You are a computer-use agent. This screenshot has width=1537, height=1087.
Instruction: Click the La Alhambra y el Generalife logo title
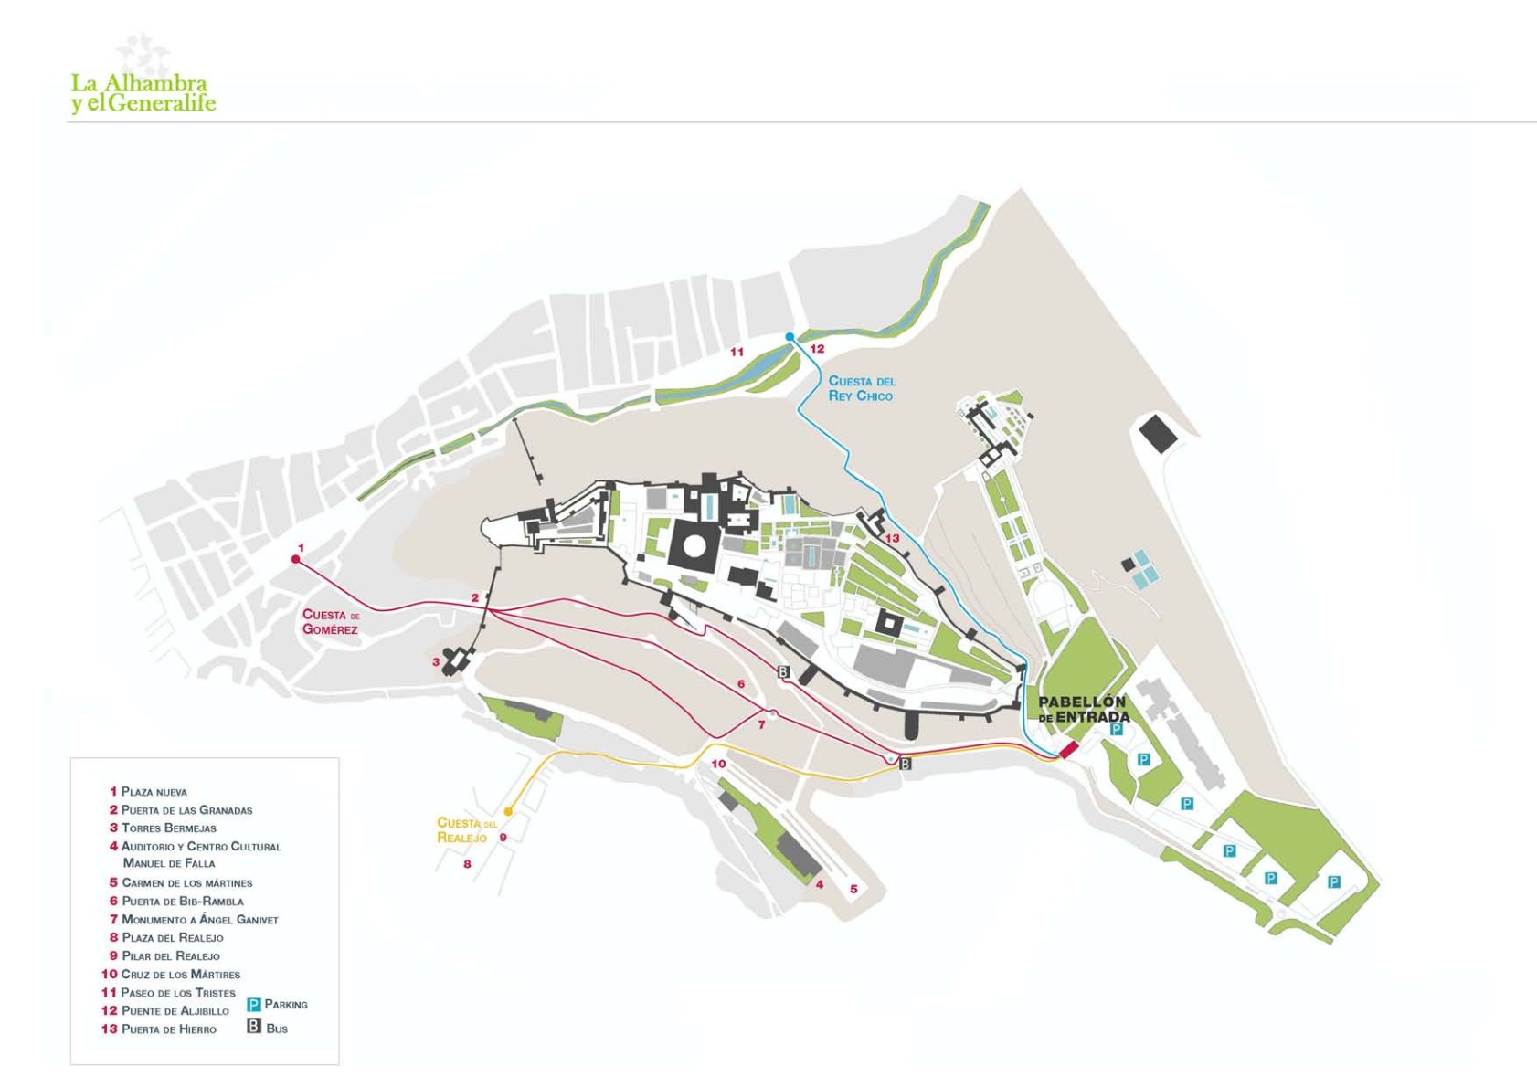143,93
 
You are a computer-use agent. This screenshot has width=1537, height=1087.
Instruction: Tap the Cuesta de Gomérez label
331,622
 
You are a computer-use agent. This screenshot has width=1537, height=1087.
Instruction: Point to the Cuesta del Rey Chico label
862,388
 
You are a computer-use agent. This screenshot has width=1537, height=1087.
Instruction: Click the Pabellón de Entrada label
1084,710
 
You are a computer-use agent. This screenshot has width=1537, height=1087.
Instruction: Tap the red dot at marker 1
295,559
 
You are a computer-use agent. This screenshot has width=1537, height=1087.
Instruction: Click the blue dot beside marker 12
790,337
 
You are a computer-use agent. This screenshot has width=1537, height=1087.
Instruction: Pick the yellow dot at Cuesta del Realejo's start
508,811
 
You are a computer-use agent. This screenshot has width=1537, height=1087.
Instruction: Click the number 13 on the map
892,539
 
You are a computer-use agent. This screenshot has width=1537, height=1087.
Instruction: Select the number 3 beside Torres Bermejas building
436,662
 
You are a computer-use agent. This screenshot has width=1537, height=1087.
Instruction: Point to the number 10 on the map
718,764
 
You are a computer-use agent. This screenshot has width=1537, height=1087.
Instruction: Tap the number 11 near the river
737,353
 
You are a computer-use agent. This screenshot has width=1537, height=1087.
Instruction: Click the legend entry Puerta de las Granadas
186,810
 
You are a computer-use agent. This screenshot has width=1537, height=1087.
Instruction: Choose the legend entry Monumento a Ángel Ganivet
199,920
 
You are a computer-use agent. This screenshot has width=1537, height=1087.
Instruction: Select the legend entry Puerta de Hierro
169,1029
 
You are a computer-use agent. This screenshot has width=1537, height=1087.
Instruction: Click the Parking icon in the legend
254,1005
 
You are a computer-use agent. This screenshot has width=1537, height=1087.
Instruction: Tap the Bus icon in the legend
254,1028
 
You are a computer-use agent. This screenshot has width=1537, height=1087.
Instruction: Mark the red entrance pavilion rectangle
1068,750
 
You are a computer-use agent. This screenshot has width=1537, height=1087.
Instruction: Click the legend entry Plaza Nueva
154,792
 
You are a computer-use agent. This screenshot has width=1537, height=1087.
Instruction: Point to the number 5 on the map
853,889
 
